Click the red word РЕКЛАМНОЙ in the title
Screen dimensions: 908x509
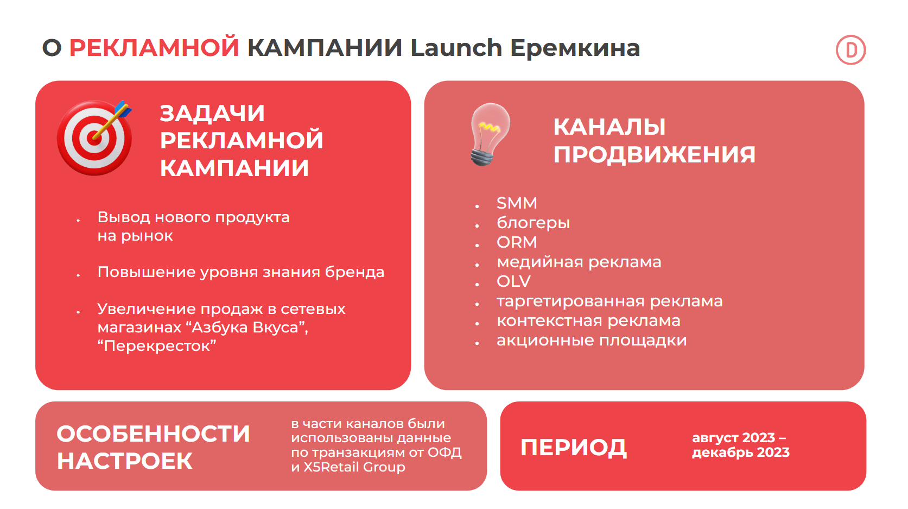point(154,48)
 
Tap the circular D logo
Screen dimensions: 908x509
point(851,50)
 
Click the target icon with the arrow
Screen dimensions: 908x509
point(94,137)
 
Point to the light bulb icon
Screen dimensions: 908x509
point(490,134)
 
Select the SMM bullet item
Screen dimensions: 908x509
point(517,203)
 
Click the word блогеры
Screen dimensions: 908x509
point(533,223)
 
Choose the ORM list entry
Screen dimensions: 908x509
point(517,242)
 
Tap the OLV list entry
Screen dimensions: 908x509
point(513,281)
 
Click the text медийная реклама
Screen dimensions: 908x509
point(579,262)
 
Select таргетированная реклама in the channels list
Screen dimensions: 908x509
point(609,301)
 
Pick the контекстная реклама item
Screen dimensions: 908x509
point(588,321)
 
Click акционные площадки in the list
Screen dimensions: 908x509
point(592,340)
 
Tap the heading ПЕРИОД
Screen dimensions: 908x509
point(574,448)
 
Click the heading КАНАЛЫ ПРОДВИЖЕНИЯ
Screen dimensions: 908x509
point(654,141)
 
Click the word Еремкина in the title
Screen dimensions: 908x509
point(575,48)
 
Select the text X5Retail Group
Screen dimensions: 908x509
point(354,467)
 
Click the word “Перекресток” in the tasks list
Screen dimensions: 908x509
point(157,346)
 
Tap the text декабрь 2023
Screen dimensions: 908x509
point(741,452)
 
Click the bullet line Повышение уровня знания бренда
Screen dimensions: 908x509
point(241,272)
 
